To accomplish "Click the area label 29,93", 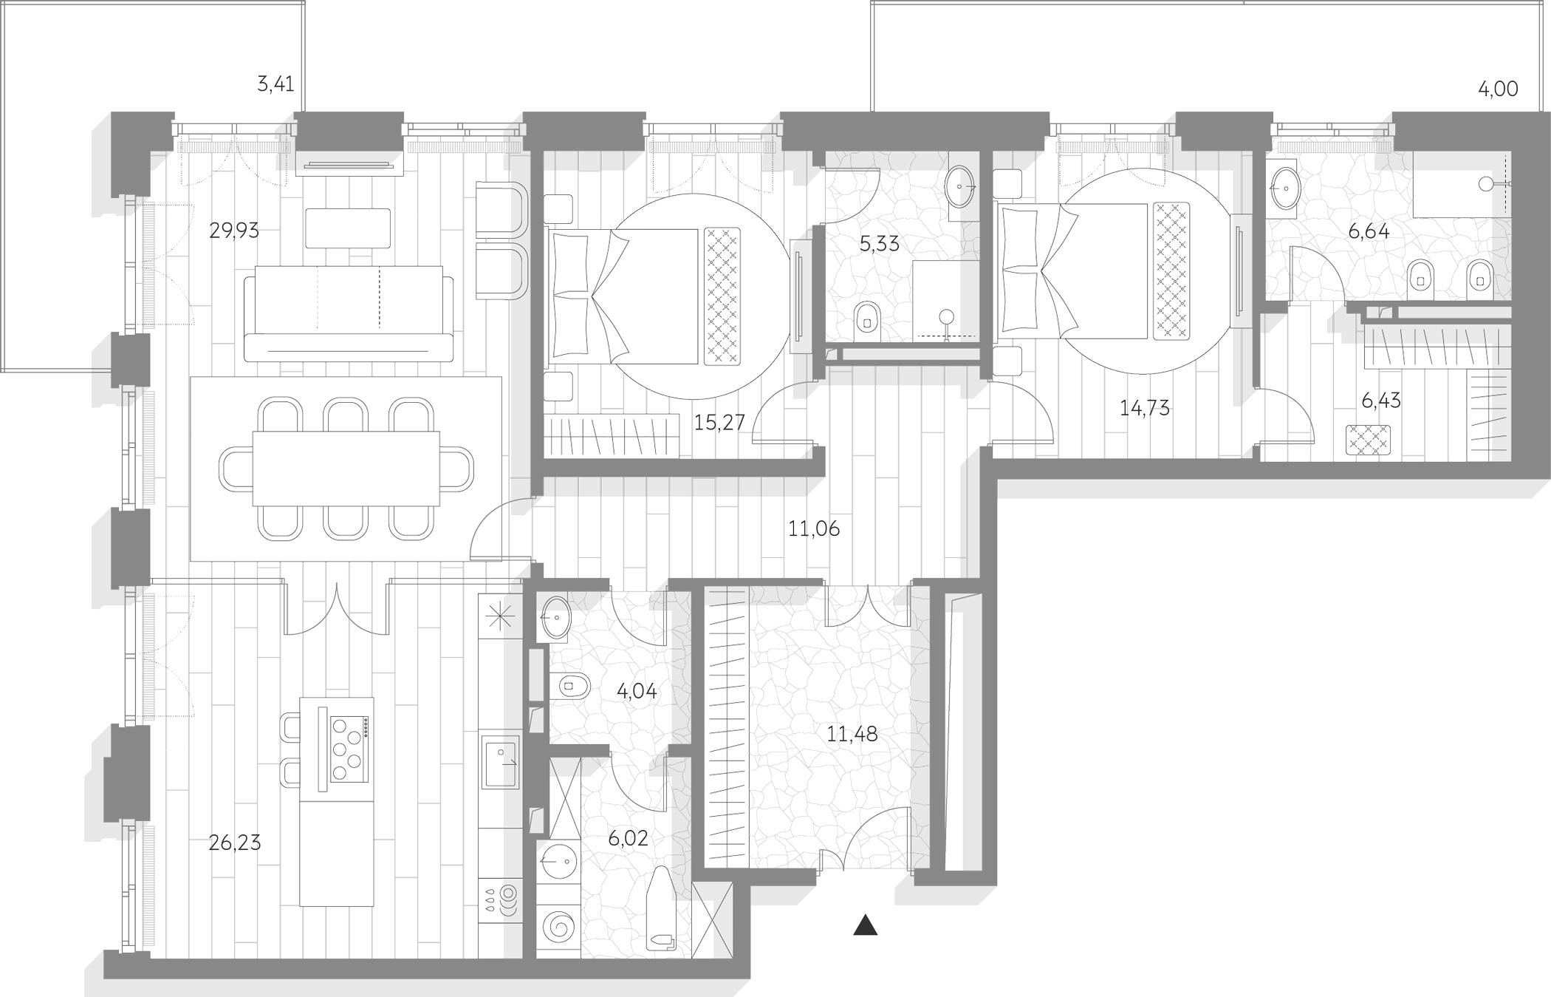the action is [x=234, y=231].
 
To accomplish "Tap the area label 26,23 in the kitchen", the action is [x=235, y=843].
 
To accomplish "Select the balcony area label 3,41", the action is [x=275, y=85].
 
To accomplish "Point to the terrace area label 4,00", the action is [x=1498, y=89].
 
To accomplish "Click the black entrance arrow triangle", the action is [x=865, y=926].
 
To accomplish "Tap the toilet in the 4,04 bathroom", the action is [x=571, y=686].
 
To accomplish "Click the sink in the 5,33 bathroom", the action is [x=960, y=186].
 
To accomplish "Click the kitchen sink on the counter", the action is [x=500, y=762].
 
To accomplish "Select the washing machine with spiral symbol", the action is [x=558, y=927].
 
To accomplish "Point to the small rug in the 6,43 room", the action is [x=1368, y=440].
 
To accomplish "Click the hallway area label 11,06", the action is [x=814, y=529].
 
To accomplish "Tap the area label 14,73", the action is [x=1145, y=408].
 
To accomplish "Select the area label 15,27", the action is [x=719, y=423].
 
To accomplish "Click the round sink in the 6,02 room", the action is [x=558, y=861].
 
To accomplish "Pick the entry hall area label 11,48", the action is [x=852, y=735].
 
